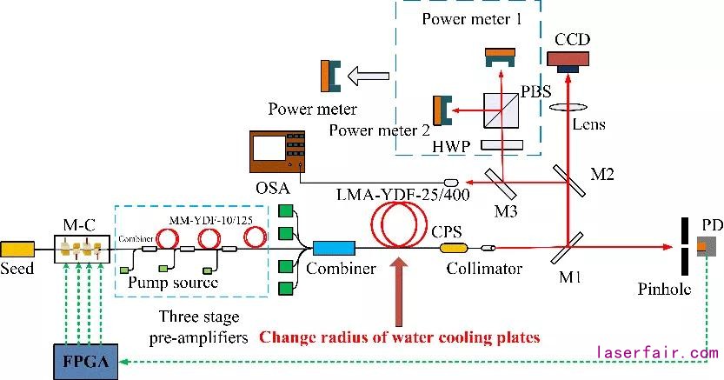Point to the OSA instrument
coord(277,150)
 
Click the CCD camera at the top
coord(567,59)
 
